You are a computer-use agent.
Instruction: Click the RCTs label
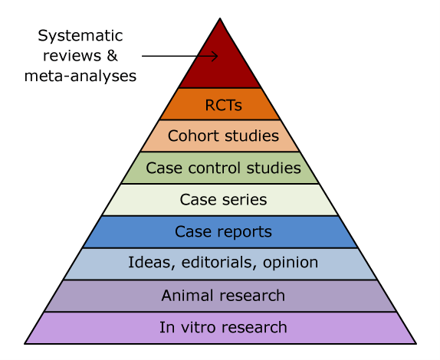(x=223, y=105)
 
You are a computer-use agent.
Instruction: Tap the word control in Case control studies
(x=215, y=168)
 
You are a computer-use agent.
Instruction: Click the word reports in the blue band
(x=245, y=232)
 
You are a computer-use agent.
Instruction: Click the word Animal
(x=188, y=296)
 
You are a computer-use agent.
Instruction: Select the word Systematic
(x=80, y=35)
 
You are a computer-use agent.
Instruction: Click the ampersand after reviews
(x=112, y=55)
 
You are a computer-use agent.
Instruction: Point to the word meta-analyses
(x=80, y=76)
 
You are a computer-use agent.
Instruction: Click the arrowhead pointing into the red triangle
(x=215, y=56)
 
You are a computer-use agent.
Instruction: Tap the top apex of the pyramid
(x=220, y=19)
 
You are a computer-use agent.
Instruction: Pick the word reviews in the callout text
(x=72, y=55)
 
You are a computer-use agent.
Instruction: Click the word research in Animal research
(x=252, y=296)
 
